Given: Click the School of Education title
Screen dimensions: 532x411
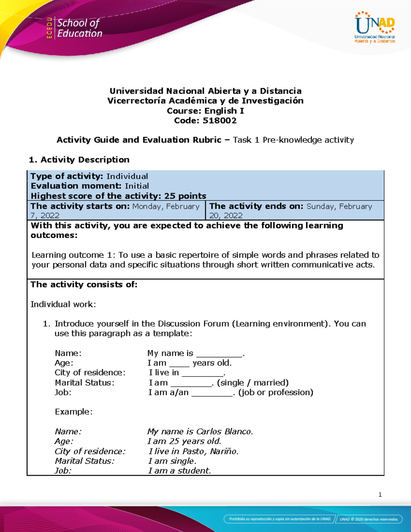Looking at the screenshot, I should [x=79, y=28].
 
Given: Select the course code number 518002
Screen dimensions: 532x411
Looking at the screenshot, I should [x=220, y=121].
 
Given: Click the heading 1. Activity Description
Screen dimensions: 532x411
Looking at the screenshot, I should [x=79, y=160].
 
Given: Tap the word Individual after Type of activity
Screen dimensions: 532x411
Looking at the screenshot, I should [x=127, y=176].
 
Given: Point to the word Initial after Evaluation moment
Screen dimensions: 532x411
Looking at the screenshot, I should [x=137, y=186].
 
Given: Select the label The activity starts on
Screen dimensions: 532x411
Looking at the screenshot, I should [x=80, y=206].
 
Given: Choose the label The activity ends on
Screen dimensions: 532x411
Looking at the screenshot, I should [x=256, y=206].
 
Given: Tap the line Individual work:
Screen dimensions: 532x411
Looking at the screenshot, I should [x=63, y=304].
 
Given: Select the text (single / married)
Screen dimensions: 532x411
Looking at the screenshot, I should [x=253, y=383].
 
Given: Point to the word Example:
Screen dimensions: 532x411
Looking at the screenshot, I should [x=74, y=412].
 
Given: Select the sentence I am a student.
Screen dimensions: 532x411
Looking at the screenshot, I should [x=179, y=471].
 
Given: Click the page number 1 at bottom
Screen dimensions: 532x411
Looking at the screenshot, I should [x=380, y=494].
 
